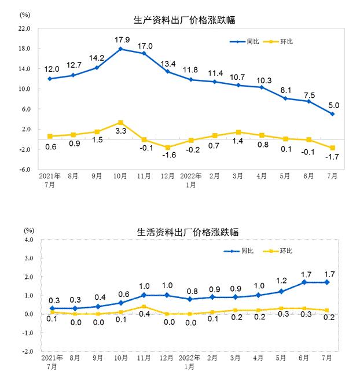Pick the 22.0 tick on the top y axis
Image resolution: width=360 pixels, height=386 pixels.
click(x=25, y=28)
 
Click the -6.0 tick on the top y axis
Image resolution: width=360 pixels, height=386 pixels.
click(x=25, y=170)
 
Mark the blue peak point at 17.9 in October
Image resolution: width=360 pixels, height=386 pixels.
click(x=120, y=49)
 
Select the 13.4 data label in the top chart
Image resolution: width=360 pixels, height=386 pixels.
click(x=168, y=63)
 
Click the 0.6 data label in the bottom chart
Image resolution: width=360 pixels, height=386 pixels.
click(x=121, y=293)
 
